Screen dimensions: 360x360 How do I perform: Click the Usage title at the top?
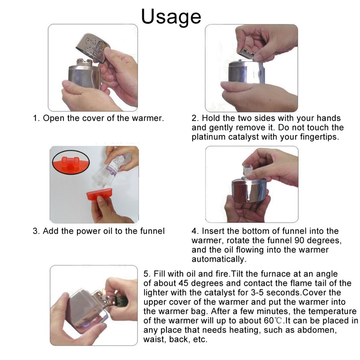(171, 16)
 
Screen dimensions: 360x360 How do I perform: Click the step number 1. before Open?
(36, 119)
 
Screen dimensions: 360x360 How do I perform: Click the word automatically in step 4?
(219, 260)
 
